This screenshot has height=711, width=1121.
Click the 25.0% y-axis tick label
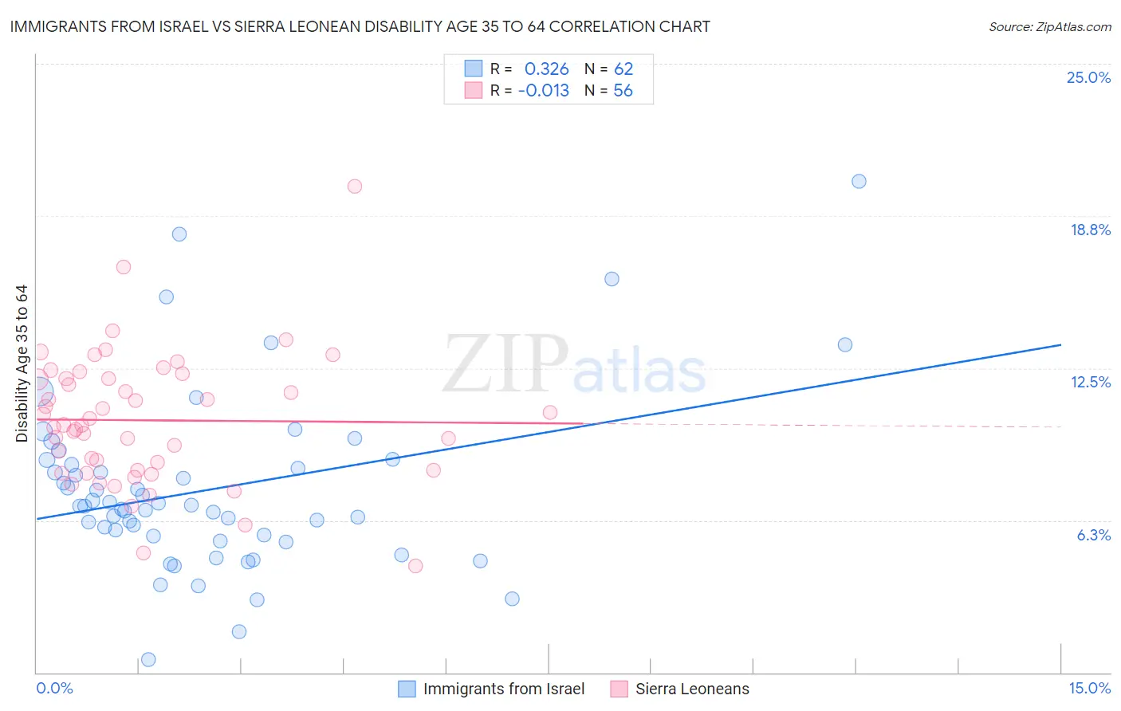[x=1088, y=77]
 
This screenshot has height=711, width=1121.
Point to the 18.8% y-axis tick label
[x=1090, y=230]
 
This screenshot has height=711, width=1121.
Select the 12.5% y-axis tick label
[x=1090, y=382]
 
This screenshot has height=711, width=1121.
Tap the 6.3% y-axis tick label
[x=1093, y=535]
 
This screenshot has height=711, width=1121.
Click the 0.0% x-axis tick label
[x=54, y=688]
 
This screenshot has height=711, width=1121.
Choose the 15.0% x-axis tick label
[x=1089, y=688]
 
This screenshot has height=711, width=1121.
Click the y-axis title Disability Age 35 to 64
[x=22, y=363]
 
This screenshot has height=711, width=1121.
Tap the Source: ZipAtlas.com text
[x=1049, y=26]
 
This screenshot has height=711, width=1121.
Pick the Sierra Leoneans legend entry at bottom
[x=691, y=689]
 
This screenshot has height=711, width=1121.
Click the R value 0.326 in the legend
[x=546, y=69]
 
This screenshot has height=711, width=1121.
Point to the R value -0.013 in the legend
[x=543, y=91]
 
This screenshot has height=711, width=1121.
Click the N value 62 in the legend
[x=623, y=69]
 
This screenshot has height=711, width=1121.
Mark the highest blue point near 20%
[x=859, y=181]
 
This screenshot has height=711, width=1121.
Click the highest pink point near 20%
[x=355, y=186]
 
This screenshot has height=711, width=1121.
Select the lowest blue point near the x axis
[x=148, y=659]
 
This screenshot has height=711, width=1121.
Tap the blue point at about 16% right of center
[x=612, y=279]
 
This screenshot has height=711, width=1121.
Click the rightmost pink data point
[x=550, y=412]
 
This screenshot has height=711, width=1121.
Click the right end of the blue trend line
[x=1060, y=344]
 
